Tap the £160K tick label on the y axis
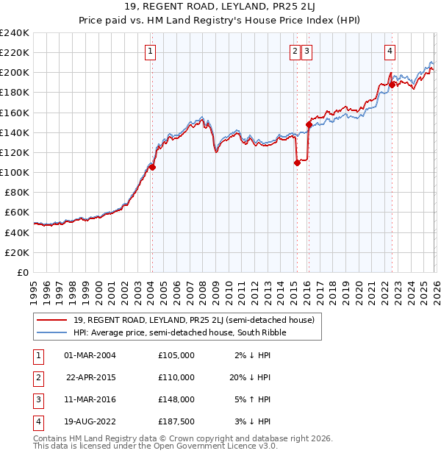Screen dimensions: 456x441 coord(15,113)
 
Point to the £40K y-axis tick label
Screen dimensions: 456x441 coord(17,232)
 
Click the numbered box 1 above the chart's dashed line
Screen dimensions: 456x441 coord(150,51)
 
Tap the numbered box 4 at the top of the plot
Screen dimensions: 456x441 coord(390,51)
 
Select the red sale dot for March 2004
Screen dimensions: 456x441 coord(152,167)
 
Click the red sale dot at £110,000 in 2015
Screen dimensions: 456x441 coord(297,163)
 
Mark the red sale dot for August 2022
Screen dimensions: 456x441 coord(392,85)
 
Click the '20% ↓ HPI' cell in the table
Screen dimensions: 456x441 coord(249,377)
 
